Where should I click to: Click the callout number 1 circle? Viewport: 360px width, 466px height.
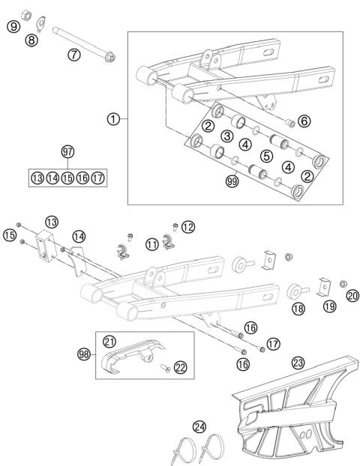click(x=113, y=118)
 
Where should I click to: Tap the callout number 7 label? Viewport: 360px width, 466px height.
click(x=73, y=55)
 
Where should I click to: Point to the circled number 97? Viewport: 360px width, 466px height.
click(x=68, y=152)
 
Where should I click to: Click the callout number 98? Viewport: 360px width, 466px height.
click(x=84, y=352)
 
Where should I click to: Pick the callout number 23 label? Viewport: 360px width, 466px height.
click(x=298, y=363)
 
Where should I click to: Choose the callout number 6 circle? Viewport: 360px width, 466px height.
click(x=303, y=121)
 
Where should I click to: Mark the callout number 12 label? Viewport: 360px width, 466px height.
click(x=187, y=226)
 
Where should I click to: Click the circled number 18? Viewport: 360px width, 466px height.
click(x=298, y=308)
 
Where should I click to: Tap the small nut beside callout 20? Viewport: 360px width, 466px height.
click(x=342, y=284)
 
